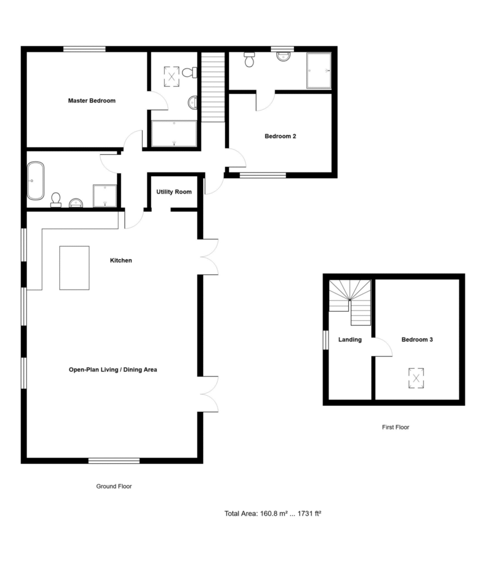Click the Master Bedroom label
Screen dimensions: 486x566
point(92,101)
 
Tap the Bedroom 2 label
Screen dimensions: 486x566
point(280,136)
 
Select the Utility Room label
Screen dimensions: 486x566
point(174,192)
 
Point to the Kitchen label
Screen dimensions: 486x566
point(121,260)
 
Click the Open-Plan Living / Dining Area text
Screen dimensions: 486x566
point(113,370)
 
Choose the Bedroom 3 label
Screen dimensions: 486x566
point(417,339)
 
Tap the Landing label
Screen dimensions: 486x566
point(350,339)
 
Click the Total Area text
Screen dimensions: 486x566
point(273,513)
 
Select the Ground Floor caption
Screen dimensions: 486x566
point(114,486)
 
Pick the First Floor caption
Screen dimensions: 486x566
point(396,427)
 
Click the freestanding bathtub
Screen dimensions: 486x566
point(36,181)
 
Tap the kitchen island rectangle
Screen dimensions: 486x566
point(75,268)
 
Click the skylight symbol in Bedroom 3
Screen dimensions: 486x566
point(416,378)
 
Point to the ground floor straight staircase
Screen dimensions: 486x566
point(213,87)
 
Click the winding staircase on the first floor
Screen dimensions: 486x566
point(350,302)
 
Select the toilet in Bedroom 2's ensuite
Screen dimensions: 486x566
point(249,60)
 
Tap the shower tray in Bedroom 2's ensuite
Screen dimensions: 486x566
point(319,71)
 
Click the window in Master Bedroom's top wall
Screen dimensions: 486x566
point(85,49)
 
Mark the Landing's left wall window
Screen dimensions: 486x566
point(325,340)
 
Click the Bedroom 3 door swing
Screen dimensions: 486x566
point(382,347)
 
